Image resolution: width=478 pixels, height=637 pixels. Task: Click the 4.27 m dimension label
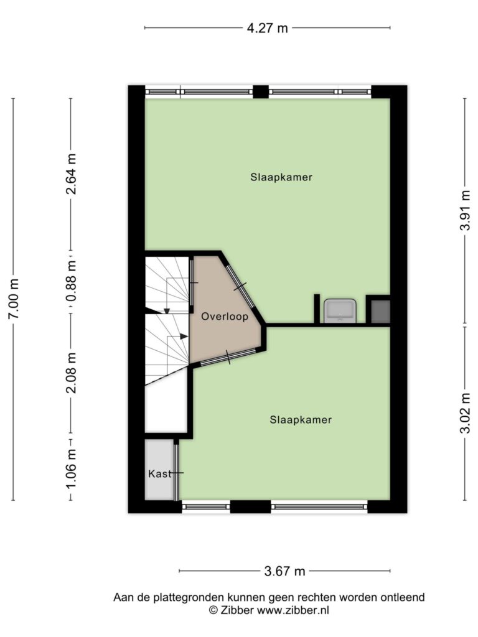267,28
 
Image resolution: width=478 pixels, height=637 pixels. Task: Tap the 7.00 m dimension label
14,299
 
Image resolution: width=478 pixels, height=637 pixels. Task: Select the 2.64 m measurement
72,174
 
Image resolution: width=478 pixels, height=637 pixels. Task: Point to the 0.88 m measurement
72,282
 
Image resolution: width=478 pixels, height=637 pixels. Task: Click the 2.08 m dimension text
72,373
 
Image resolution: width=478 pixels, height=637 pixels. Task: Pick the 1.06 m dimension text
72,470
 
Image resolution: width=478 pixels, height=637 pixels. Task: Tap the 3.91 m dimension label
465,210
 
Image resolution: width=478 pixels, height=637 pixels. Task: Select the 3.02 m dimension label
465,413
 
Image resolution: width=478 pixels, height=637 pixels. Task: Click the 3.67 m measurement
284,571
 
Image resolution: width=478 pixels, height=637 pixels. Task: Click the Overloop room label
225,317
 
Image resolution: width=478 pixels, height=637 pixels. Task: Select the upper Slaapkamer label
281,177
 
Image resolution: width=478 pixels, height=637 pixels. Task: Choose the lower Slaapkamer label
301,420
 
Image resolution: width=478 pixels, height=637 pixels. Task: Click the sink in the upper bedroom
340,311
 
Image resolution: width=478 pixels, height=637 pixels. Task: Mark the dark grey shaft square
381,312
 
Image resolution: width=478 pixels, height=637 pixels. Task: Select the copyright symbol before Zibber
214,610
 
